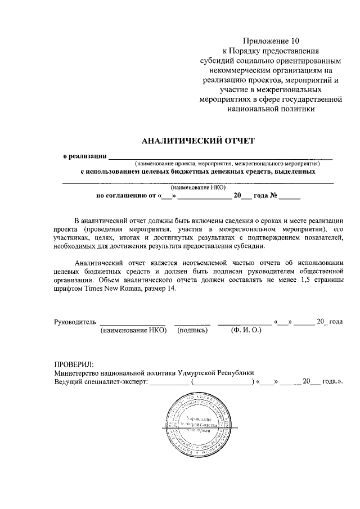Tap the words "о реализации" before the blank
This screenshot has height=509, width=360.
[84, 156]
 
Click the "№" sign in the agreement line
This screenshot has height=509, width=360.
[272, 196]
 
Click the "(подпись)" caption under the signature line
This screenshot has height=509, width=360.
[192, 331]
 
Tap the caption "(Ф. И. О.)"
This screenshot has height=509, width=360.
[246, 331]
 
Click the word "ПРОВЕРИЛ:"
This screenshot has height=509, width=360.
[74, 363]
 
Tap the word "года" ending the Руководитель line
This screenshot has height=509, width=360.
[336, 322]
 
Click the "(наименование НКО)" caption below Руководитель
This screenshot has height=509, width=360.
[134, 331]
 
